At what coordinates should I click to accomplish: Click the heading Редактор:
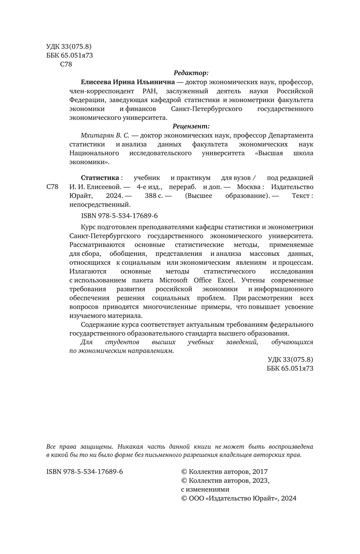coord(191,73)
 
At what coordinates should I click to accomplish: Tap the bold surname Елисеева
coord(96,82)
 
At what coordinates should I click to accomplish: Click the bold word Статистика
coord(100,178)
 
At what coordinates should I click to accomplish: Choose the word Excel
coord(226,280)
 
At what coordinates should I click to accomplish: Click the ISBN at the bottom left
coord(85,472)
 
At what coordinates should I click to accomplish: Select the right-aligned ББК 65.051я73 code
coord(290,368)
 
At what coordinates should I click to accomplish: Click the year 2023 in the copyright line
coord(260,480)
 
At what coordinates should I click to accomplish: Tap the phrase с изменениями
coord(205,489)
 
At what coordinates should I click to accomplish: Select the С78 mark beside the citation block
coord(53,187)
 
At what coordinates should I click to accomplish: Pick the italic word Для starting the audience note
coord(86,342)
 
